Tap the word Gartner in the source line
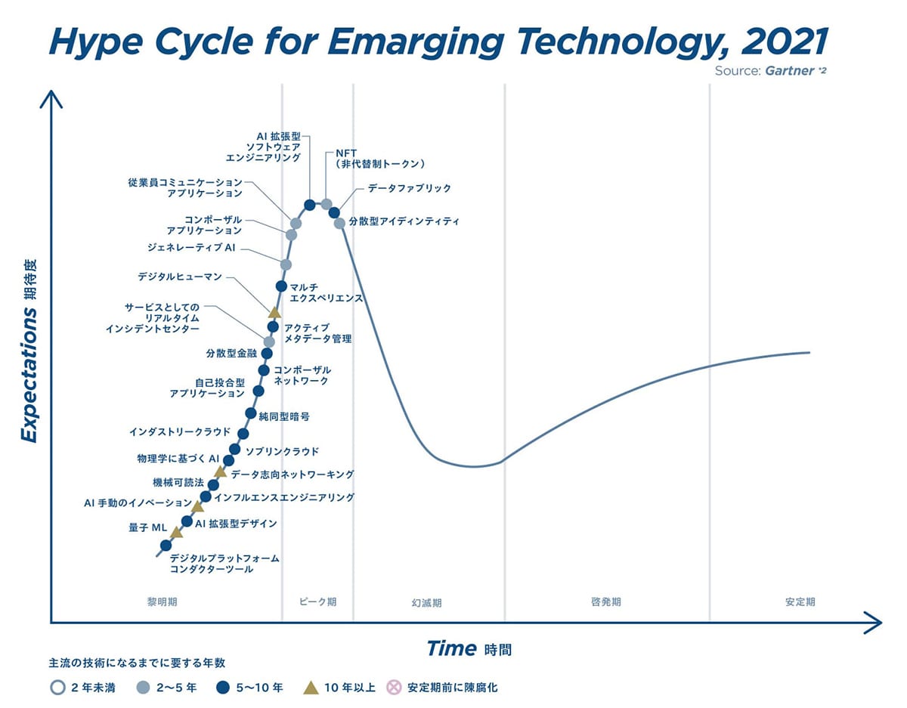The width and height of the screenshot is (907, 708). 788,71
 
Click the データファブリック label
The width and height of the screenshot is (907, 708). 409,188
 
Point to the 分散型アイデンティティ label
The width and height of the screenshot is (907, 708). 404,222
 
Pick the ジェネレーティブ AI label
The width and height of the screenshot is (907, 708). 192,247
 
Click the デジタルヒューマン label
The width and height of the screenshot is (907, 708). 180,277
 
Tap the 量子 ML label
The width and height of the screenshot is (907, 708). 143,527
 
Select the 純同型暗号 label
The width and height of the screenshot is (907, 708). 283,416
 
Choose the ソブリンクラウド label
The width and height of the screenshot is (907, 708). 283,451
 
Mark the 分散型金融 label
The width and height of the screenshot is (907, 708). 231,353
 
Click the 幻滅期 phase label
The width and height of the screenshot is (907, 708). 426,603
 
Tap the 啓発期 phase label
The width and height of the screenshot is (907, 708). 605,602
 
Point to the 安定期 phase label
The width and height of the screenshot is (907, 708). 800,602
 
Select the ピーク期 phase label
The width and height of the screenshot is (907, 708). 317,601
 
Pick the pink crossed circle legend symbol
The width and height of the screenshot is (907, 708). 393,688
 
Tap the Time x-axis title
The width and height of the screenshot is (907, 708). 451,648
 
